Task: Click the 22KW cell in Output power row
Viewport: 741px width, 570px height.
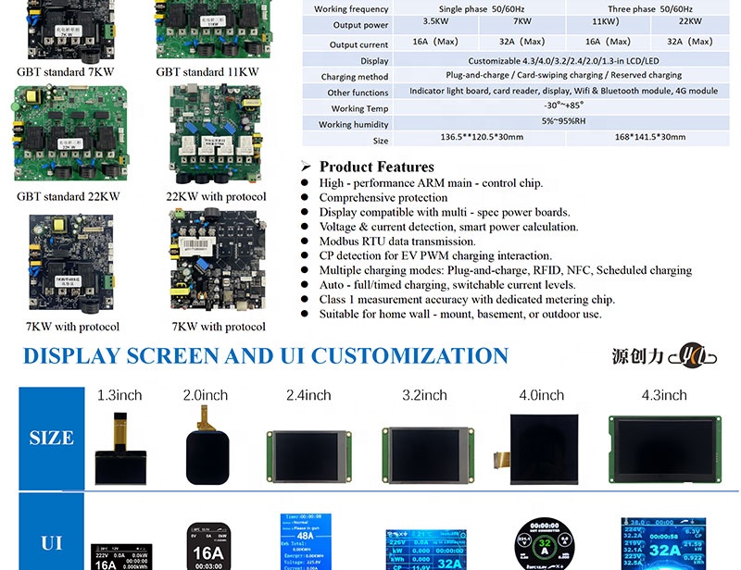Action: click(689, 20)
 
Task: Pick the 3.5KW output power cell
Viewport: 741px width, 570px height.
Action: click(436, 20)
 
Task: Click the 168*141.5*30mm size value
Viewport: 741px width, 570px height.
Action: click(650, 137)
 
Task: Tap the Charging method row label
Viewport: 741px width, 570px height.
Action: click(355, 77)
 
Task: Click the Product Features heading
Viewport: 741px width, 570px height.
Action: click(376, 167)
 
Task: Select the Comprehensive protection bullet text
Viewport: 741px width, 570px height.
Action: click(383, 198)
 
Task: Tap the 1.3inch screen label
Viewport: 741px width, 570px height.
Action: click(119, 395)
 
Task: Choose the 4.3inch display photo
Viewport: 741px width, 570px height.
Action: click(665, 449)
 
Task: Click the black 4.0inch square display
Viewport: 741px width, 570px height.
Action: click(542, 449)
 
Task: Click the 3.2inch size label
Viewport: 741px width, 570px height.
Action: click(424, 395)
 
